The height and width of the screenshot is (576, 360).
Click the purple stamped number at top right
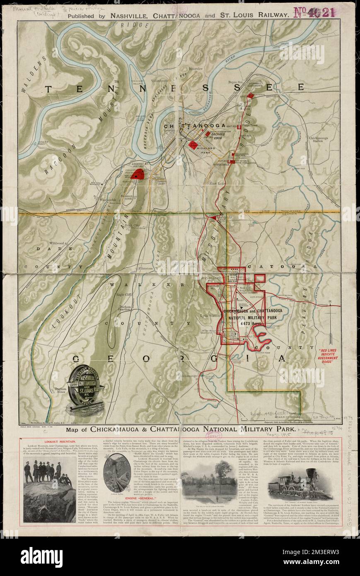314,13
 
